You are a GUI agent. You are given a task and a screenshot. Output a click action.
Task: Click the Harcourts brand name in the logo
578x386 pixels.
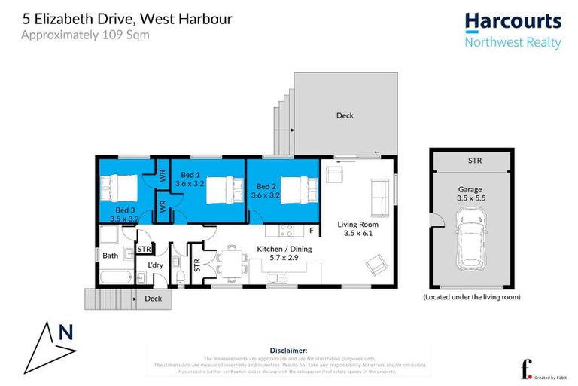tap(513, 22)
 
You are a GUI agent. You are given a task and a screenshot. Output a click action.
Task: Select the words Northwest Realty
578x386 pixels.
tap(513, 43)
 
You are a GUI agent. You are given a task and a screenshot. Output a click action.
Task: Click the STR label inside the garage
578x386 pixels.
tap(474, 161)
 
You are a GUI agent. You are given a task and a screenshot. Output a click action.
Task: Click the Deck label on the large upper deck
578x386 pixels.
tap(345, 115)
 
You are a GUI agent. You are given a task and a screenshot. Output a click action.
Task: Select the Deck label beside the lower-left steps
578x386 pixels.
tap(152, 299)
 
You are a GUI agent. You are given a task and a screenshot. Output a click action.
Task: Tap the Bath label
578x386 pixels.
tap(111, 256)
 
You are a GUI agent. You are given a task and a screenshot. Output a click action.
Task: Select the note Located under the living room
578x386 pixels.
tap(471, 297)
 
